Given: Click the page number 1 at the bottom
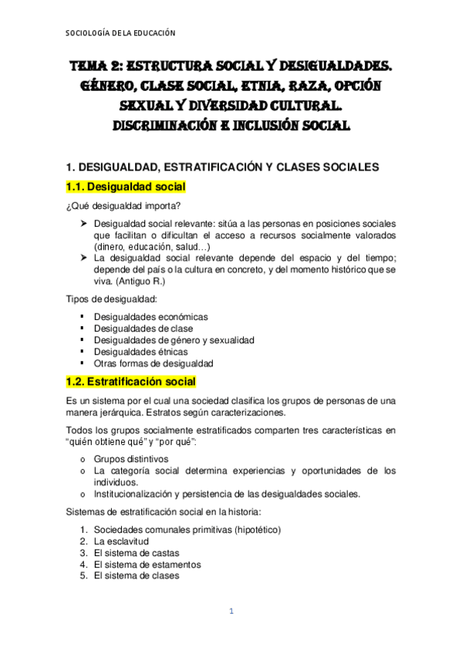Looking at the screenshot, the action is [x=230, y=612].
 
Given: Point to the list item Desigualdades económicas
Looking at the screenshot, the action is [x=150, y=316].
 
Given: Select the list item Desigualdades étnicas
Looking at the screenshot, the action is [x=140, y=351].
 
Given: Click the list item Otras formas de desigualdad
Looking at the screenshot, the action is [x=153, y=362].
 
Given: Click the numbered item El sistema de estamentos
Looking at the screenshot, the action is [x=147, y=564].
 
